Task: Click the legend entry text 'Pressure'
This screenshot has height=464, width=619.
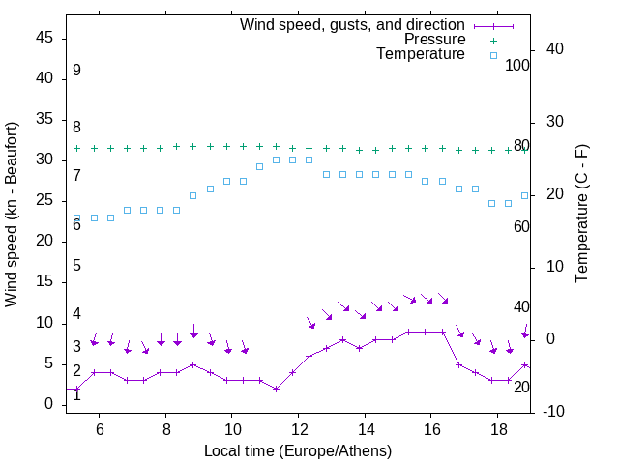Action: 434,40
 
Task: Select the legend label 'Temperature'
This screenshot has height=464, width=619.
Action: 421,55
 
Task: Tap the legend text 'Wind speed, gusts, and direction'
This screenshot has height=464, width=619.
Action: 353,24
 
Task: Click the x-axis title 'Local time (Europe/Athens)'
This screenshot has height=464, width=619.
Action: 298,451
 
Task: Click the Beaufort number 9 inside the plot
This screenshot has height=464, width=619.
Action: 76,71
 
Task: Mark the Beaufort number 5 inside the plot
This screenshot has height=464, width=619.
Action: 76,266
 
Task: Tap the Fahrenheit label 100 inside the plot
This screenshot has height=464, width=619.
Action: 517,65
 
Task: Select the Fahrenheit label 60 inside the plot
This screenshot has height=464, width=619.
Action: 521,226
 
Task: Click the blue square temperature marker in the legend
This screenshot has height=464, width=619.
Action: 493,55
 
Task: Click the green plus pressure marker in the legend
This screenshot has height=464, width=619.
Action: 493,40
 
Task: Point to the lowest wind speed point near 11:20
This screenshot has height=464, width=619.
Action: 276,389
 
